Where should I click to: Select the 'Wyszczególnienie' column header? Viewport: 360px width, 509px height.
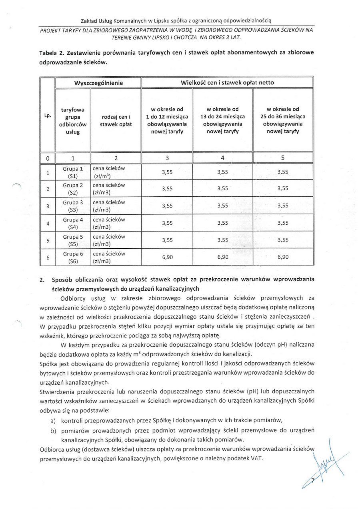(98, 83)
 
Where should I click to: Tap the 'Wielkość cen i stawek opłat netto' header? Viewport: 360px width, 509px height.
(227, 83)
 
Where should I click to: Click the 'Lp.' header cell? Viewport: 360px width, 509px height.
(48, 116)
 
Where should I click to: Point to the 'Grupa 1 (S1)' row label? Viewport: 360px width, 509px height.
(73, 172)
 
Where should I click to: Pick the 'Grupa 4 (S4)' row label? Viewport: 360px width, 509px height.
(73, 224)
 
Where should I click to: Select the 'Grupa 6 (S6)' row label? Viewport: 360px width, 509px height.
(73, 257)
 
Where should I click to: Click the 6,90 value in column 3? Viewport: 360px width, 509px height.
(167, 257)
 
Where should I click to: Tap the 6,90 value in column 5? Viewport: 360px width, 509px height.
(282, 257)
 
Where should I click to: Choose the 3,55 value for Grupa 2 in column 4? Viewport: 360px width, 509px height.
(222, 189)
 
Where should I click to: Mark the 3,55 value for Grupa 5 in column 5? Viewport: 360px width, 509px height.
(282, 240)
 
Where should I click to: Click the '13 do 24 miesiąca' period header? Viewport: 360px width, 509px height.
(222, 116)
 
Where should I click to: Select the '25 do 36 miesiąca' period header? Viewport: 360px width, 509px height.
(282, 116)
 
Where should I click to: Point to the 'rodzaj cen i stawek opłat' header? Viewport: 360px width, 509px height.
(116, 120)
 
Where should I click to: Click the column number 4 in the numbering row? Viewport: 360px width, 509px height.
(222, 158)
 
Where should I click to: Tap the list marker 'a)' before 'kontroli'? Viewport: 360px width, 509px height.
(53, 420)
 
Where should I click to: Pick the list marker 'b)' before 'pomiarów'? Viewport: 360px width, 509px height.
(53, 431)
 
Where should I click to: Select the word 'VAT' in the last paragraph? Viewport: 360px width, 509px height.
(257, 458)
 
